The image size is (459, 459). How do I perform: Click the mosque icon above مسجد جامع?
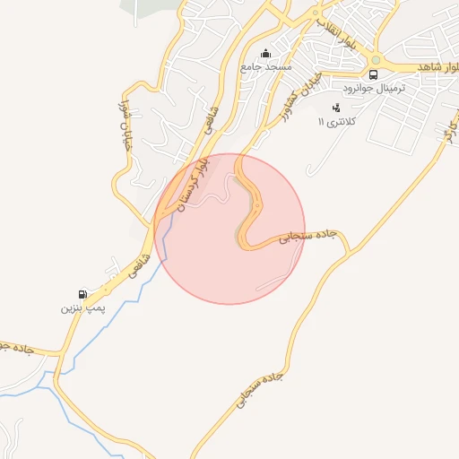264,53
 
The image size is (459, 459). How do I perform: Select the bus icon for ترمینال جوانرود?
373,75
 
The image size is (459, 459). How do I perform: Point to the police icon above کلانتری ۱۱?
336,108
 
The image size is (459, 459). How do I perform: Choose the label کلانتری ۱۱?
339,120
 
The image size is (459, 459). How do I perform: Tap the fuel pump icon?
82,294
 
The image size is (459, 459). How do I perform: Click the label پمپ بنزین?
82,307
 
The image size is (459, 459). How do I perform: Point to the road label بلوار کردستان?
194,184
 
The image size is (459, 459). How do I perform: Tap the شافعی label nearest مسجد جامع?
212,119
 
